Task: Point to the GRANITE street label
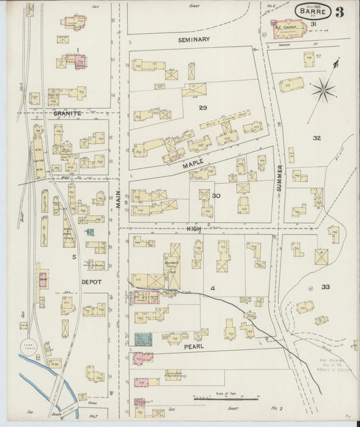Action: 68,114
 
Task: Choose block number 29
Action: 202,107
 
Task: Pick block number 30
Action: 216,196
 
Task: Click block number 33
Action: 326,287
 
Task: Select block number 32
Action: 316,138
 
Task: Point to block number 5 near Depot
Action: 66,257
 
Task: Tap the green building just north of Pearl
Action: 143,339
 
